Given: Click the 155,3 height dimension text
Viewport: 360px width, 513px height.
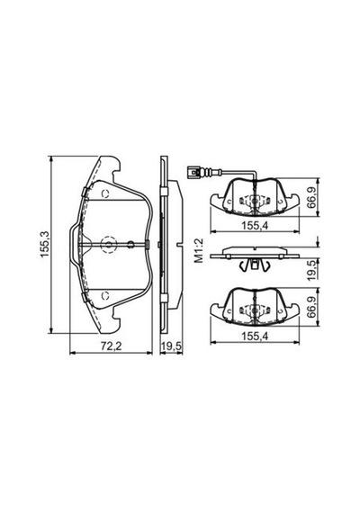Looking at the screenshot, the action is [x=44, y=244].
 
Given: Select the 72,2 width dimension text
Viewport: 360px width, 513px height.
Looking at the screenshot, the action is [x=111, y=346].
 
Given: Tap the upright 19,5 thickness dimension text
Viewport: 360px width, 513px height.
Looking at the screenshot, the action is [x=172, y=346].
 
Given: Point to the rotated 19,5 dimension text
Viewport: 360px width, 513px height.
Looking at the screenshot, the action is [x=312, y=270].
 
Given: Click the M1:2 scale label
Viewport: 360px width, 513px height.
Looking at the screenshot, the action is [x=199, y=251].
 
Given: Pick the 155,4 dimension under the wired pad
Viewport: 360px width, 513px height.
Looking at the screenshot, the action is [x=255, y=225].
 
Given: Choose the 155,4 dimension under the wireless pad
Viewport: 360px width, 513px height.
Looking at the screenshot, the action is [x=255, y=336].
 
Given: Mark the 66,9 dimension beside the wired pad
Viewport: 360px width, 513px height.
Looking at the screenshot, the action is [x=312, y=198].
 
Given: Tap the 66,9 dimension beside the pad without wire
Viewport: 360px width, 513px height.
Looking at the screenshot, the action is [x=312, y=307].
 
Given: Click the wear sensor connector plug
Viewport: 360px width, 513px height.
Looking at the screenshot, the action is [x=194, y=172].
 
